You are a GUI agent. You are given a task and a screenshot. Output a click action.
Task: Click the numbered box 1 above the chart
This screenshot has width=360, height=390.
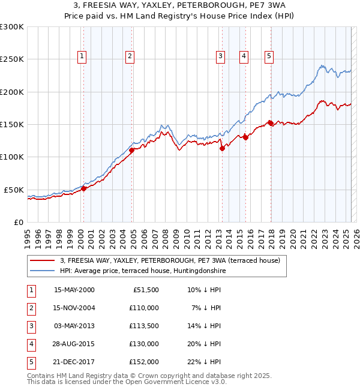[82, 56]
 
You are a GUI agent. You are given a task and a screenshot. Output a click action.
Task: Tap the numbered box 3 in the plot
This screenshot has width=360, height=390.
[221, 56]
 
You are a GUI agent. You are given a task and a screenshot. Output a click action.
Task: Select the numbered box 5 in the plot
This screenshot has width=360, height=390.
[269, 56]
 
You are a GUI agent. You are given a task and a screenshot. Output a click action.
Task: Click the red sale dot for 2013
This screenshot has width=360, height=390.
[222, 148]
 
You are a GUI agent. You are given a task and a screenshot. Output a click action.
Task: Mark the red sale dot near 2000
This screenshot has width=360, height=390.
[84, 188]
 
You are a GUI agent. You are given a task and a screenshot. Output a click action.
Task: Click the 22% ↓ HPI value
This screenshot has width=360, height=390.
[204, 362]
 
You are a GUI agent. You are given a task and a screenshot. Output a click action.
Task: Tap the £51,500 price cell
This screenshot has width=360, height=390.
[145, 290]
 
